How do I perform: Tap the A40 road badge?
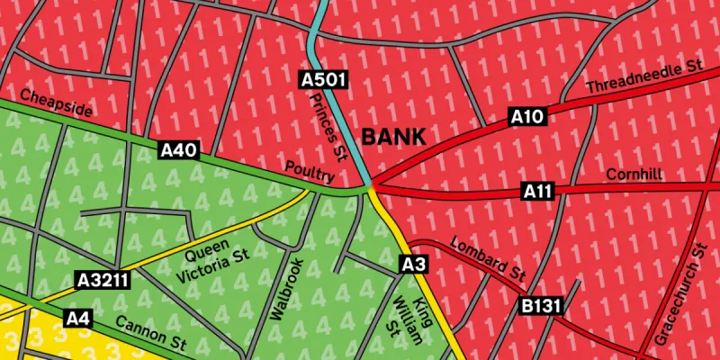(179, 150)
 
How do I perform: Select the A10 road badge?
(527, 115)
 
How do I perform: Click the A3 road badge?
(412, 264)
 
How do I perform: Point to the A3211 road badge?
(103, 280)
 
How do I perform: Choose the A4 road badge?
(78, 318)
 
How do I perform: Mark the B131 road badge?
(541, 306)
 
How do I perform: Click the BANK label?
(393, 137)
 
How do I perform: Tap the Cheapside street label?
(56, 103)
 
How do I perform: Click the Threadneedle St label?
(643, 77)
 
